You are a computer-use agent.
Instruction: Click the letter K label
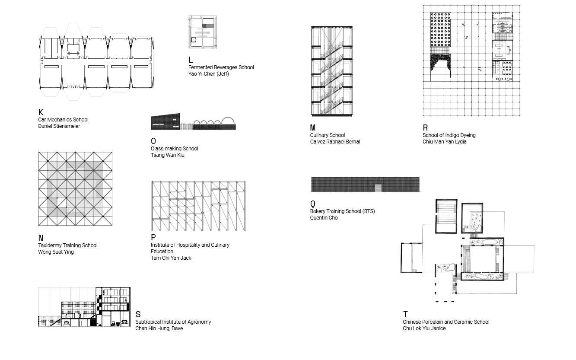point(41,112)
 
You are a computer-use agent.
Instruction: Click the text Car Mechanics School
point(63,120)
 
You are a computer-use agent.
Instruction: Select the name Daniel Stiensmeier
point(59,126)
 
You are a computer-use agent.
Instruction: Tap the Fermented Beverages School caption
point(221,67)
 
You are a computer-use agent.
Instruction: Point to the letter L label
point(191,60)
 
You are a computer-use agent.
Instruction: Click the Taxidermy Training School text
point(68,245)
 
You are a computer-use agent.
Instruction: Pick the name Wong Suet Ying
point(56,252)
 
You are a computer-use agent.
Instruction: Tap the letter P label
point(153,238)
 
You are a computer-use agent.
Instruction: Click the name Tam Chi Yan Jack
point(171,258)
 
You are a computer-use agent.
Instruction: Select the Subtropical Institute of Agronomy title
point(173,322)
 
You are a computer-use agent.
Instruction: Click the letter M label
point(313,128)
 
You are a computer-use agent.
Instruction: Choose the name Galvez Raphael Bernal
point(335,142)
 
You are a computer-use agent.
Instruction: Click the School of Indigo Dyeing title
point(449,135)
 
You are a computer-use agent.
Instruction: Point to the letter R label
point(425,128)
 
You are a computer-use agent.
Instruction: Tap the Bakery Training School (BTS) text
point(342,211)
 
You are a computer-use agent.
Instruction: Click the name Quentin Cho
point(324,218)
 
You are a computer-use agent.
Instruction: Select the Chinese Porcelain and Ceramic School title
point(446,322)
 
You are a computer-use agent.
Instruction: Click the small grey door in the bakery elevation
point(378,188)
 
